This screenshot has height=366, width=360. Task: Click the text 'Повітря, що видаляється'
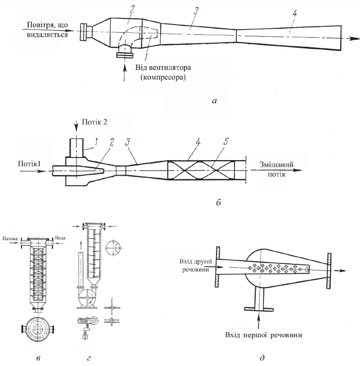(x=47, y=30)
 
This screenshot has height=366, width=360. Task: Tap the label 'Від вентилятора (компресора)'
(x=163, y=72)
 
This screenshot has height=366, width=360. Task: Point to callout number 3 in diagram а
(x=196, y=11)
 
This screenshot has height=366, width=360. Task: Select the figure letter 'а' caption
(x=214, y=101)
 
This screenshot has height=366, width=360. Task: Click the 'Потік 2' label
(x=95, y=122)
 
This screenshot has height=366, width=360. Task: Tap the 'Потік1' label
(x=29, y=164)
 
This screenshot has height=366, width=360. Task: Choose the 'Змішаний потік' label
(x=276, y=169)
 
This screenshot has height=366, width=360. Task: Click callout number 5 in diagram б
(x=226, y=141)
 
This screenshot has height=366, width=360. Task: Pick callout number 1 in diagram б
(x=96, y=141)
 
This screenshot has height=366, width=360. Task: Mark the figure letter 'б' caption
(x=219, y=202)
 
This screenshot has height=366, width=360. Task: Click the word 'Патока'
(x=10, y=238)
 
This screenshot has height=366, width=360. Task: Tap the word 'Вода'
(x=60, y=238)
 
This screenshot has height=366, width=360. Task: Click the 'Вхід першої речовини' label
(x=263, y=335)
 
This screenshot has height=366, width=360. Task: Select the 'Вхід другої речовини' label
(x=196, y=265)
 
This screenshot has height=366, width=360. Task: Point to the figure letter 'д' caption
(x=262, y=357)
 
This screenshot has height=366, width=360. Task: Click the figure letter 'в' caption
(x=38, y=358)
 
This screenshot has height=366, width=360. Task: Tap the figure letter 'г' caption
(x=89, y=358)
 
